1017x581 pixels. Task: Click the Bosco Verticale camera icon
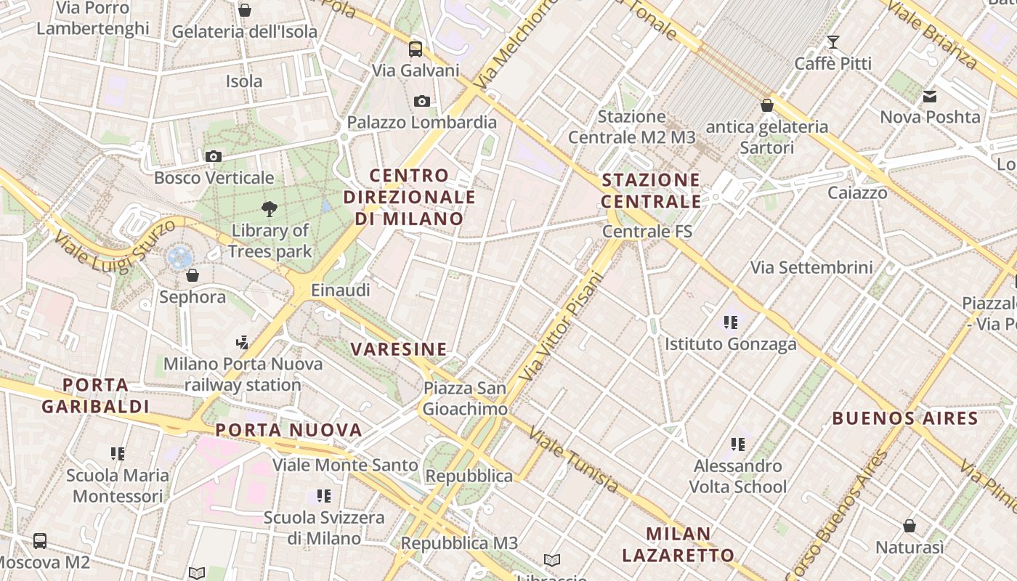[214, 156]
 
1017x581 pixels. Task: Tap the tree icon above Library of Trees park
[270, 209]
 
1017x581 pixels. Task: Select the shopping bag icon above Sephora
[193, 275]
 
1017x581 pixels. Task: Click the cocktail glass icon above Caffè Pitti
[833, 42]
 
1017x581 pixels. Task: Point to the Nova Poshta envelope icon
[930, 96]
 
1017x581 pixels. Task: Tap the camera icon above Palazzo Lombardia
[422, 101]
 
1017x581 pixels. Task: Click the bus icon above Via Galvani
[416, 49]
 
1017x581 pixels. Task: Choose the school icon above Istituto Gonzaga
[730, 322]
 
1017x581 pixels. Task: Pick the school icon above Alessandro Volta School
[738, 444]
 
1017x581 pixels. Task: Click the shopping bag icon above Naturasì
[909, 526]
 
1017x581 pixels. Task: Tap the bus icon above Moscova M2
[40, 541]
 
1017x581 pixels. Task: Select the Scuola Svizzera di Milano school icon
[324, 496]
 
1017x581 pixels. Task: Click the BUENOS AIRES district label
[905, 418]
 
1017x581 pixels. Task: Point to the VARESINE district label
[399, 349]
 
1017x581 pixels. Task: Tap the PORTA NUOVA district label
[289, 430]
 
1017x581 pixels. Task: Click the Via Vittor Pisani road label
[562, 326]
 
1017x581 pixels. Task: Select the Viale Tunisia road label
[574, 460]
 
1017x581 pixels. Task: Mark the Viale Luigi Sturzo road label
[115, 245]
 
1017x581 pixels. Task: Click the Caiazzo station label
[857, 193]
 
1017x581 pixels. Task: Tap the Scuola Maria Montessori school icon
[118, 454]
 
